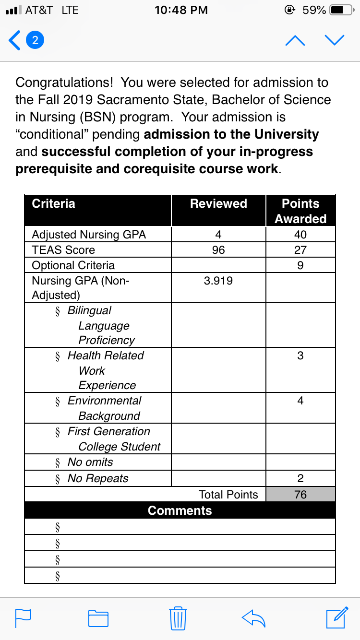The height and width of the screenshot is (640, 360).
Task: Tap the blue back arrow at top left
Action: click(15, 40)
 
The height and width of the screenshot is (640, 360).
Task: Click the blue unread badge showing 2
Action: click(35, 40)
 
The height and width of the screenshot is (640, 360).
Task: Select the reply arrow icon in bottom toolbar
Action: click(254, 618)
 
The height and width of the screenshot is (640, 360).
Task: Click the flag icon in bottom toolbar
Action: click(24, 618)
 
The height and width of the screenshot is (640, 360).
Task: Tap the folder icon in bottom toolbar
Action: click(98, 618)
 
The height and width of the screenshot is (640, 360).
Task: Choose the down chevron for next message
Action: click(334, 40)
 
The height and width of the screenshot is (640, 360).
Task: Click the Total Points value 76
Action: click(300, 495)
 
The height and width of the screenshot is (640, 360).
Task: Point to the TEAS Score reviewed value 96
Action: click(218, 250)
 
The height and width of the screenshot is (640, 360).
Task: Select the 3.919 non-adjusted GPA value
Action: click(218, 281)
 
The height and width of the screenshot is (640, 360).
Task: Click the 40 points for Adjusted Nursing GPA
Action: click(300, 235)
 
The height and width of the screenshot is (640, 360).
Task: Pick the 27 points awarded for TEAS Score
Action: click(300, 250)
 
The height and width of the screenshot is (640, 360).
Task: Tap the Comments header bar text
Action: click(180, 510)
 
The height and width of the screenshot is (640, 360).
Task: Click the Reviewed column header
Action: click(218, 203)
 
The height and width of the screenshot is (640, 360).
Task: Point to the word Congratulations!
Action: click(65, 83)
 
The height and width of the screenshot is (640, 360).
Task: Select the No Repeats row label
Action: click(98, 478)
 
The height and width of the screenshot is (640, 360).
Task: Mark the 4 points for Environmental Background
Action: click(300, 401)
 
